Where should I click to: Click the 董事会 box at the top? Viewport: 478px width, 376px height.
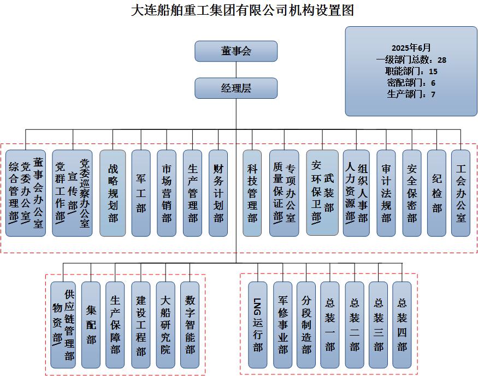coord(236,51)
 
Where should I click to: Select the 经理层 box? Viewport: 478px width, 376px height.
coord(236,88)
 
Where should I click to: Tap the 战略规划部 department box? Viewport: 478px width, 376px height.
coord(113,193)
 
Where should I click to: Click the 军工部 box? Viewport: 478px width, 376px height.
coord(140,193)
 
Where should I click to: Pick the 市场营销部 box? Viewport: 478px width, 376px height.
coord(166,193)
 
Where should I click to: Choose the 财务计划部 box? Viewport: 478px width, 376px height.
coord(218,193)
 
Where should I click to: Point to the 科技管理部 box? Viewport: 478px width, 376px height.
coord(252,193)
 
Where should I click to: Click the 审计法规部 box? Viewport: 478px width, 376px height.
coord(386,193)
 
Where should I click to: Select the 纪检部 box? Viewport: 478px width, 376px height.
coord(436,193)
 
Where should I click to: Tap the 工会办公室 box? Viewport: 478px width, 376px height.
coord(461,193)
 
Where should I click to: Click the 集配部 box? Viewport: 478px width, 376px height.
coord(91,325)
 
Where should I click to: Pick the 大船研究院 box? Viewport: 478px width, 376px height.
coord(166,325)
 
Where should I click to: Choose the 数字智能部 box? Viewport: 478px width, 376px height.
coord(190,325)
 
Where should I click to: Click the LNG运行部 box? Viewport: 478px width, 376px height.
coord(258,325)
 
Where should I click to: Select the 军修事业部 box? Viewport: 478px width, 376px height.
coord(282,325)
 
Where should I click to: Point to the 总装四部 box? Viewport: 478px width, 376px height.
coord(402,325)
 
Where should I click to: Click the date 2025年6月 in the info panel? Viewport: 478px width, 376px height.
coord(411,47)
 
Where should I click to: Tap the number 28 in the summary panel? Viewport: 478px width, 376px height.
coord(442,59)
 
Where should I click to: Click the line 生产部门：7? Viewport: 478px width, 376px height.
coord(411,94)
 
